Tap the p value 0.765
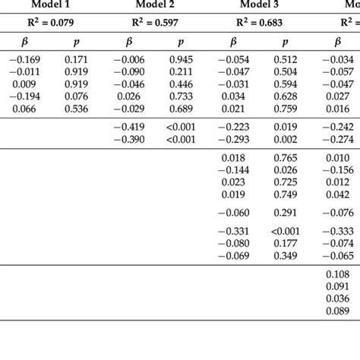(x=286, y=157)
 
